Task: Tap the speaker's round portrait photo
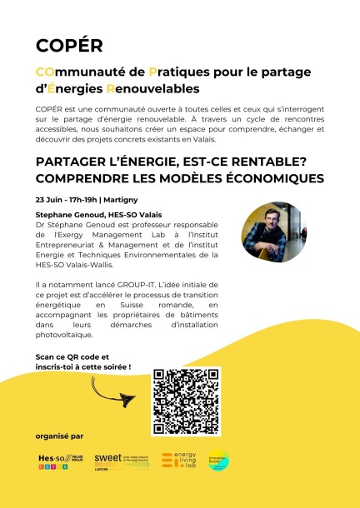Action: [269, 232]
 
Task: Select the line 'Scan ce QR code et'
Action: [72, 356]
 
